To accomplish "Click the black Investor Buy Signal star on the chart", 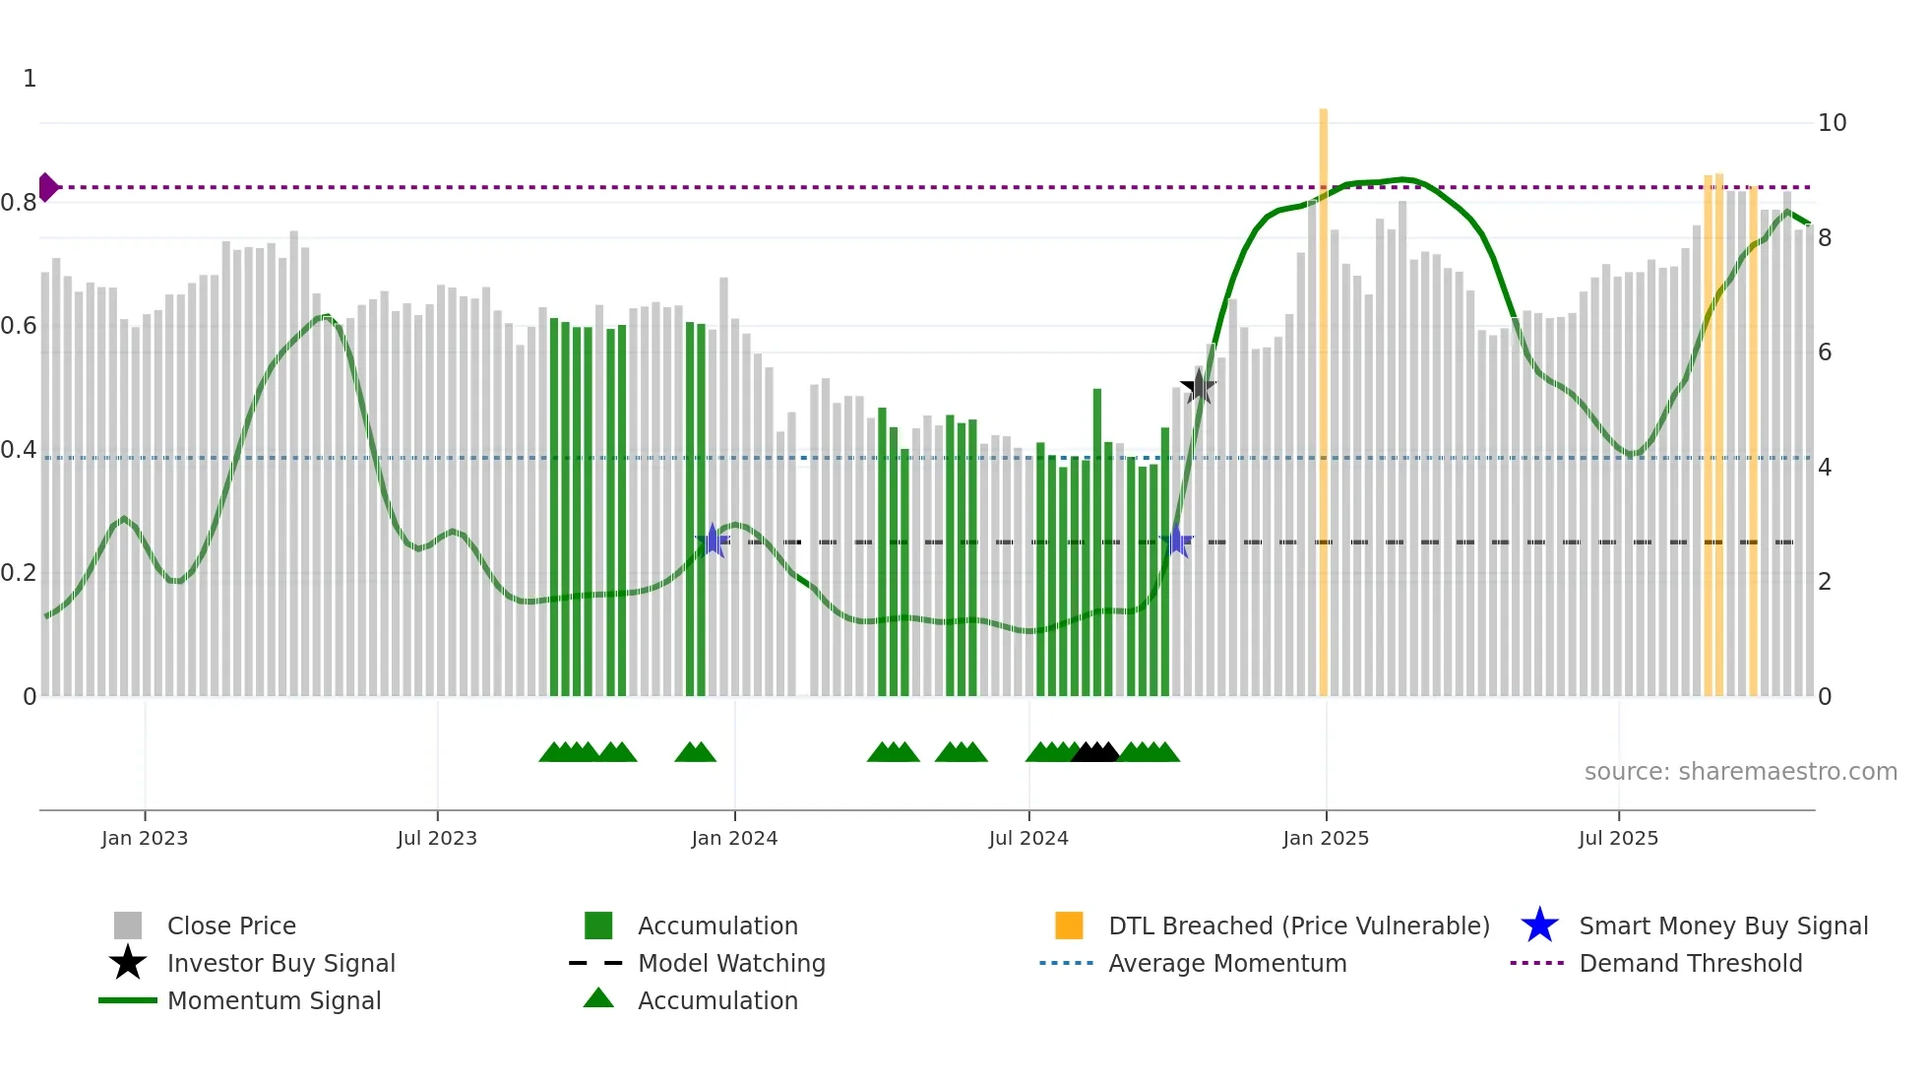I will [1198, 387].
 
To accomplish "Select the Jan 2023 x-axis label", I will [145, 838].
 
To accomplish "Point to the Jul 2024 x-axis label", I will [1028, 838].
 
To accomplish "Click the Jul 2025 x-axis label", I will [1618, 838].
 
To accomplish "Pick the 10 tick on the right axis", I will [1832, 123].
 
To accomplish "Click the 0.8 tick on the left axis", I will [20, 203].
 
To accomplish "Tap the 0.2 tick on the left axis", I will [20, 573].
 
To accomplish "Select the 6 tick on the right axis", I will [1825, 352].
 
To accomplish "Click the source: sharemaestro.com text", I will [1740, 772].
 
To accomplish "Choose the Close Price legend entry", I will [231, 925].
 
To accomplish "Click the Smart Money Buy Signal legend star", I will [1539, 925].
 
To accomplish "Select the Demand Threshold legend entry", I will [1690, 963].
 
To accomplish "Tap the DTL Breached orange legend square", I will [1069, 925].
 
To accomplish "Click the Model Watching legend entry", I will [731, 963].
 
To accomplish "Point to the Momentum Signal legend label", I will [274, 1000].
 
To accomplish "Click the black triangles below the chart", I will [1094, 752].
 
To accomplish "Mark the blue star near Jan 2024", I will [713, 541].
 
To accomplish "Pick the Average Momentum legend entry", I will [1226, 963].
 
